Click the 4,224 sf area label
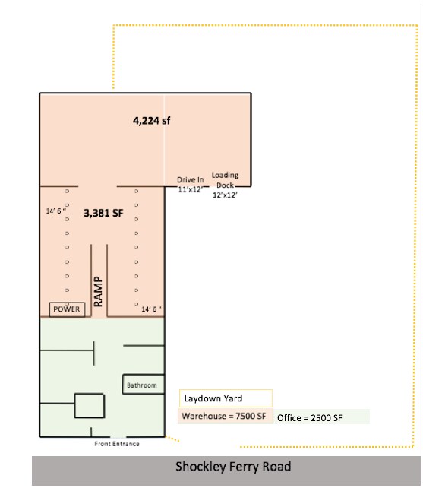click(x=151, y=121)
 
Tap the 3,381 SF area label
click(x=103, y=213)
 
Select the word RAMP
click(x=98, y=292)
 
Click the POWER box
click(x=67, y=309)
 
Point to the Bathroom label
click(x=142, y=385)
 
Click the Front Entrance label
click(x=117, y=444)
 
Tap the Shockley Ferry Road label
click(x=233, y=467)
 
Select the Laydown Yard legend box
click(x=226, y=398)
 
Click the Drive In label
click(x=191, y=180)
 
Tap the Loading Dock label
click(x=226, y=180)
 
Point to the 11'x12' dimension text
click(x=190, y=189)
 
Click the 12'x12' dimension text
click(x=225, y=195)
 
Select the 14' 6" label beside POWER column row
click(x=56, y=211)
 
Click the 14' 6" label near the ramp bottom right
click(x=151, y=309)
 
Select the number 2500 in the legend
click(x=320, y=418)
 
